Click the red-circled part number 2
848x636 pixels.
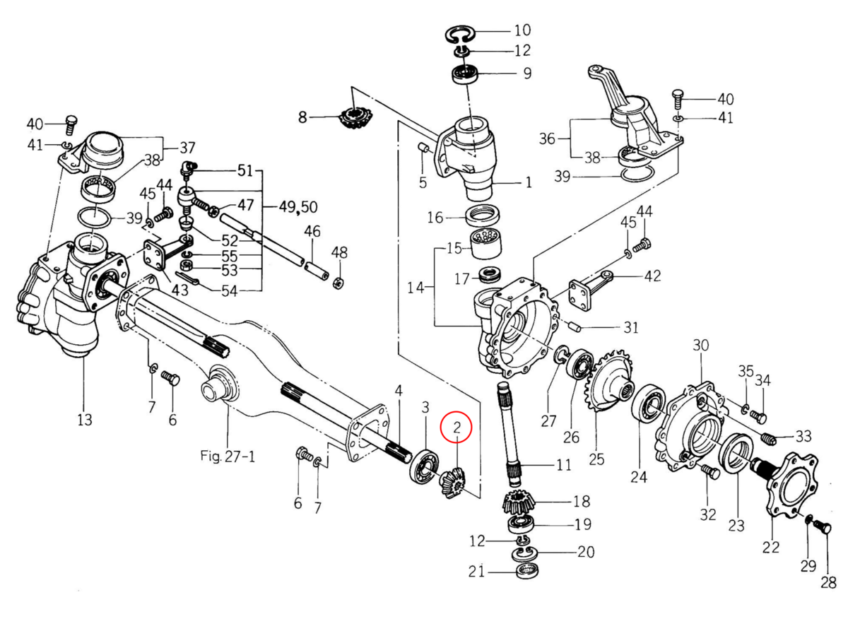(457, 426)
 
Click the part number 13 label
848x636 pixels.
(84, 420)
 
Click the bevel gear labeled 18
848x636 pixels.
(519, 503)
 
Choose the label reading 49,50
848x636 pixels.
(292, 206)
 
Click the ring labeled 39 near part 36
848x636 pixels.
(636, 175)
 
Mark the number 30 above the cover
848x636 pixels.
(700, 346)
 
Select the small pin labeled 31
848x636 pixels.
(577, 326)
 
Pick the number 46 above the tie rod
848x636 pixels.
(312, 231)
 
